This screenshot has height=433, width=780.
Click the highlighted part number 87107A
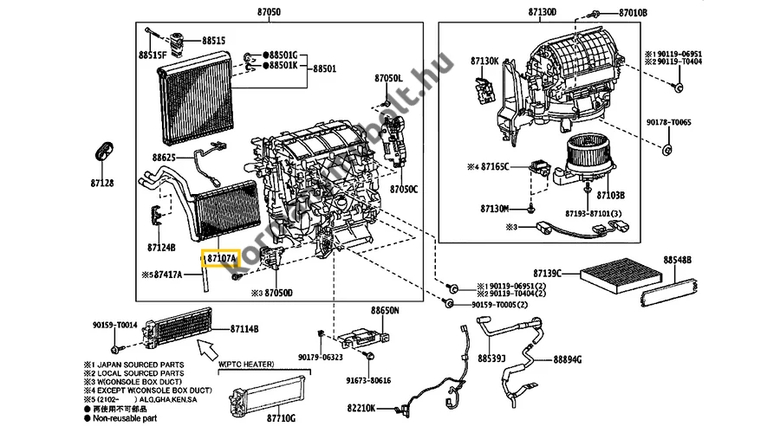point(219,258)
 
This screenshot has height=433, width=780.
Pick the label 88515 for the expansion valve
point(213,41)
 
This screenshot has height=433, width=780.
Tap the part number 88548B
point(678,259)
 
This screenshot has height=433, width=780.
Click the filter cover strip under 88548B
point(669,287)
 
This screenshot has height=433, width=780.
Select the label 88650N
point(385,309)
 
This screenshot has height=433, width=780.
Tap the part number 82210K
point(361,407)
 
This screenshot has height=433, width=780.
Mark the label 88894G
point(568,359)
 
